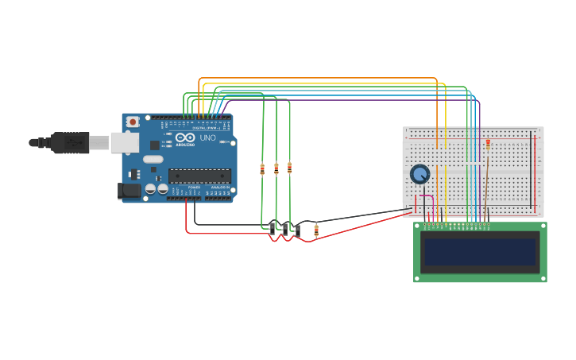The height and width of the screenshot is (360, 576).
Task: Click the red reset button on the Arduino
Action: pyautogui.click(x=133, y=122)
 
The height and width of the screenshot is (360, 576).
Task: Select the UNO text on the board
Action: pyautogui.click(x=207, y=137)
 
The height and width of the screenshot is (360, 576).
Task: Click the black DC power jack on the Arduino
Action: pyautogui.click(x=128, y=191)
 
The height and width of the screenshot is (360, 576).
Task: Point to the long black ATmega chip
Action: pyautogui.click(x=199, y=176)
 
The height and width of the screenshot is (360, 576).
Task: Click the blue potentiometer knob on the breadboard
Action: pyautogui.click(x=419, y=173)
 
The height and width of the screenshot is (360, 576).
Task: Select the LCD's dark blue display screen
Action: pyautogui.click(x=480, y=252)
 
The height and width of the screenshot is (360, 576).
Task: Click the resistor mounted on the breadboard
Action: pyautogui.click(x=488, y=144)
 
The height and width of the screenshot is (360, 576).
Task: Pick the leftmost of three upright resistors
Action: pyautogui.click(x=262, y=168)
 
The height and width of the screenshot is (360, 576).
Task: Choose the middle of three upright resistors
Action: pyautogui.click(x=276, y=168)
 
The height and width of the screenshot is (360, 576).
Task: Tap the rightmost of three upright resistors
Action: pyautogui.click(x=289, y=168)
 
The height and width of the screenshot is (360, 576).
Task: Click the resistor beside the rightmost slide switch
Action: pyautogui.click(x=316, y=230)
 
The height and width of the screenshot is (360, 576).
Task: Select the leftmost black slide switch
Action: pyautogui.click(x=273, y=230)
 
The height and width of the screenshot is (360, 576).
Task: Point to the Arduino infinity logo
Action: pyautogui.click(x=186, y=137)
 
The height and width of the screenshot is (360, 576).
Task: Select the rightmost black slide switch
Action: pyautogui.click(x=297, y=230)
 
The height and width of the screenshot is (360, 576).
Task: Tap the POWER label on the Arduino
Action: pyautogui.click(x=194, y=188)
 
